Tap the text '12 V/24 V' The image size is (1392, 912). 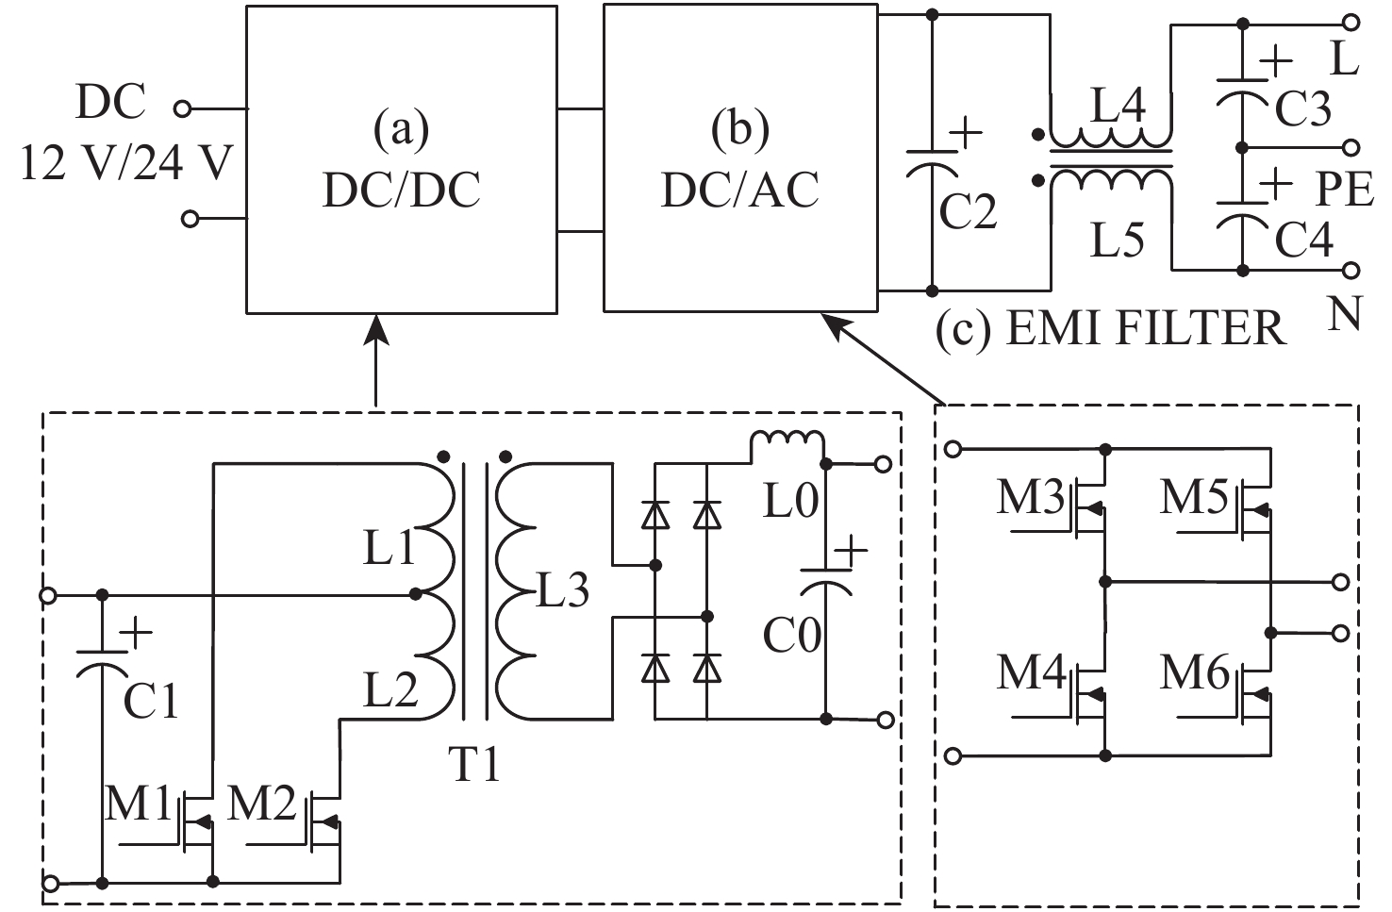[x=126, y=164]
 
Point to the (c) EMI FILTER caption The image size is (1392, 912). [x=1111, y=328]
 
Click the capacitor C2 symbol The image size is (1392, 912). [x=931, y=164]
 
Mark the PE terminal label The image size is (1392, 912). [x=1344, y=190]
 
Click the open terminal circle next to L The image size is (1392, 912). [x=1351, y=23]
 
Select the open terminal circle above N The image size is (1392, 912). [x=1351, y=271]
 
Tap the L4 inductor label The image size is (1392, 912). [x=1118, y=106]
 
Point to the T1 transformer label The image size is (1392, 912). [x=474, y=764]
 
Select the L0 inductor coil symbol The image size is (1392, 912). [x=787, y=443]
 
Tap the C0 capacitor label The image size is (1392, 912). [x=791, y=635]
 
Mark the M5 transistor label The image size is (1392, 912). [x=1194, y=498]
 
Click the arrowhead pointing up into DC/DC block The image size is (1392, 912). [x=376, y=329]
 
